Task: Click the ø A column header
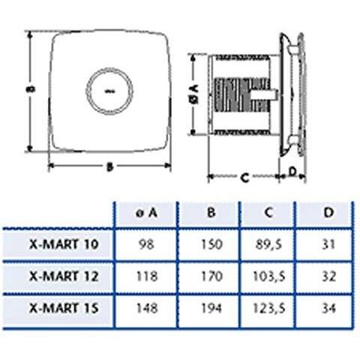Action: coord(148,213)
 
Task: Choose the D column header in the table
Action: coord(327,213)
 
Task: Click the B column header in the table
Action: coord(210,213)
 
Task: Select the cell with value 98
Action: coord(148,244)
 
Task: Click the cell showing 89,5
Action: coord(268,244)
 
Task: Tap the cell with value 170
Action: coord(210,275)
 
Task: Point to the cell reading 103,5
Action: coord(268,275)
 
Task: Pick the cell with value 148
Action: coord(148,307)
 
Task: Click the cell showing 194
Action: coord(210,307)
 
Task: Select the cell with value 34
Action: coord(327,307)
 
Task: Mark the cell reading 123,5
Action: coord(268,307)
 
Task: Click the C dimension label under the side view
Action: coord(244,178)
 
